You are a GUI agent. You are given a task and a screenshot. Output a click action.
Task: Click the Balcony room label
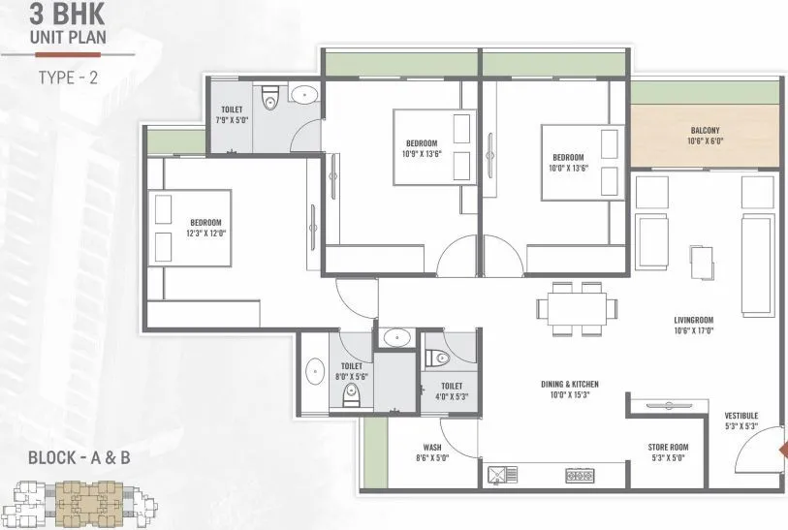point(705,130)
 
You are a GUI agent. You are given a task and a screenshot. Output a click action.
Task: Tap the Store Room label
point(668,447)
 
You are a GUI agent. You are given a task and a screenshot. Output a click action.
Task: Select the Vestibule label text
point(741,417)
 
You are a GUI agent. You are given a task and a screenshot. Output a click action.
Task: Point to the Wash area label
point(432,448)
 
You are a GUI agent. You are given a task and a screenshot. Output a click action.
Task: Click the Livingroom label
point(694,320)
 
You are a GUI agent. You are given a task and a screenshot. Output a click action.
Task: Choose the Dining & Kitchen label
point(571,385)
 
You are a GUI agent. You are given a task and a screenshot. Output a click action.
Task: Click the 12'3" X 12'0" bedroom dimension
point(205,233)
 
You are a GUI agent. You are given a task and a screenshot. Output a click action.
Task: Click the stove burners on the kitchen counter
point(583,475)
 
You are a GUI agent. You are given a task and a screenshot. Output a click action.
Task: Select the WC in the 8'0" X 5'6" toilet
point(352,392)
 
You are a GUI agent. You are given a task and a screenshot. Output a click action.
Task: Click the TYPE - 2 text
point(68,76)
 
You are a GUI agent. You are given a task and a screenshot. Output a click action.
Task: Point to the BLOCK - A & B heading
point(79,457)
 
